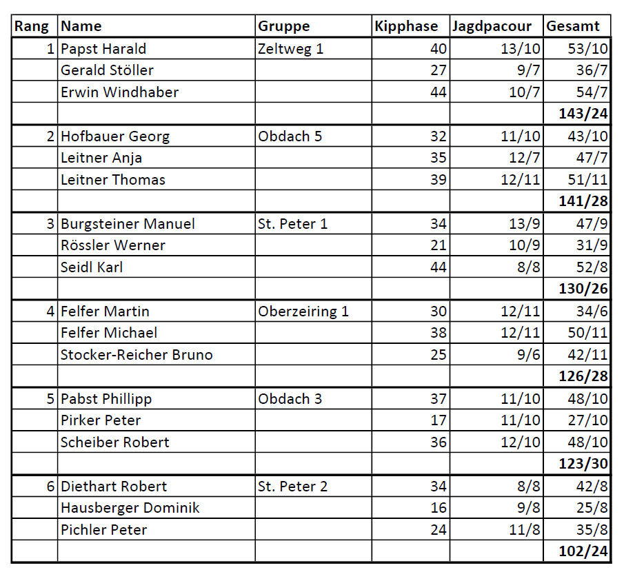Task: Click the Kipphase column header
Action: tap(406, 26)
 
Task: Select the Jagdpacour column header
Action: tap(492, 26)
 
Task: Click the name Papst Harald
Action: tap(103, 48)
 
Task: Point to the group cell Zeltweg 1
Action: tap(290, 48)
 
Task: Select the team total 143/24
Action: tap(584, 114)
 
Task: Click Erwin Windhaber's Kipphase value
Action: tap(439, 92)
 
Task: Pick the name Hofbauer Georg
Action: tap(115, 136)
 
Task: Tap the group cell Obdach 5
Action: tap(290, 136)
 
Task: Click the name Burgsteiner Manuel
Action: tap(128, 224)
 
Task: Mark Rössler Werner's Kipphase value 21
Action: tap(439, 245)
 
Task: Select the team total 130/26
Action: tap(584, 289)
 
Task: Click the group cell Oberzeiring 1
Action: tap(303, 311)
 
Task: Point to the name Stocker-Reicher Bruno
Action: tap(137, 355)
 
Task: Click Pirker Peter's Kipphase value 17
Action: tap(439, 420)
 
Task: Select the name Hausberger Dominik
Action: tap(130, 508)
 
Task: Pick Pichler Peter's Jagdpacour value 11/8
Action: tap(525, 530)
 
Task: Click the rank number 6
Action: tap(50, 487)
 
